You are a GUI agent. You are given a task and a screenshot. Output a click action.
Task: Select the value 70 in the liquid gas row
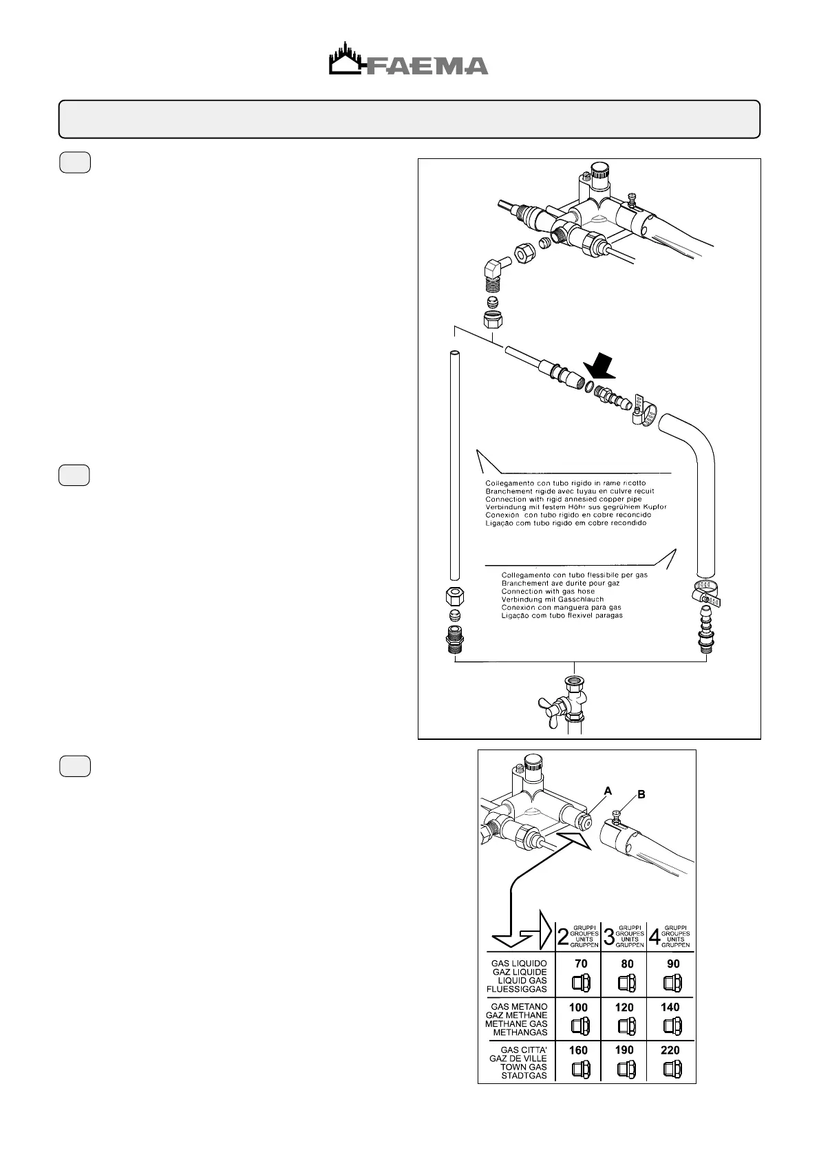(581, 964)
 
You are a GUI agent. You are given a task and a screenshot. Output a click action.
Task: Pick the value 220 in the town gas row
(670, 1050)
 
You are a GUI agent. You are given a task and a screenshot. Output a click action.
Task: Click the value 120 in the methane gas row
(624, 1007)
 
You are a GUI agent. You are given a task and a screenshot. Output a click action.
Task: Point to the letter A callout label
(607, 791)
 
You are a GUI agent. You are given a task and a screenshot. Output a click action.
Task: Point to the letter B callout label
(641, 794)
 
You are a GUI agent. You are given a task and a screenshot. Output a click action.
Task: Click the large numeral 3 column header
(608, 937)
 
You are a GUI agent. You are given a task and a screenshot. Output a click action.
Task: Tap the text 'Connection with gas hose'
(548, 591)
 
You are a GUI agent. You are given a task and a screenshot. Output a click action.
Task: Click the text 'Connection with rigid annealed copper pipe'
(563, 499)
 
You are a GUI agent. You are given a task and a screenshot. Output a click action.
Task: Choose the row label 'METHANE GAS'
(516, 1023)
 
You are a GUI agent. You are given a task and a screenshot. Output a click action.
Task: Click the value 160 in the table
(578, 1050)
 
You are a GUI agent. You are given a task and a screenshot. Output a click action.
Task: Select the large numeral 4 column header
(655, 937)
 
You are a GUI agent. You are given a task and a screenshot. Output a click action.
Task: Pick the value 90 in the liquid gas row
(672, 964)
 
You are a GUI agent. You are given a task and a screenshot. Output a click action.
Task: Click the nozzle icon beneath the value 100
(580, 1027)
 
